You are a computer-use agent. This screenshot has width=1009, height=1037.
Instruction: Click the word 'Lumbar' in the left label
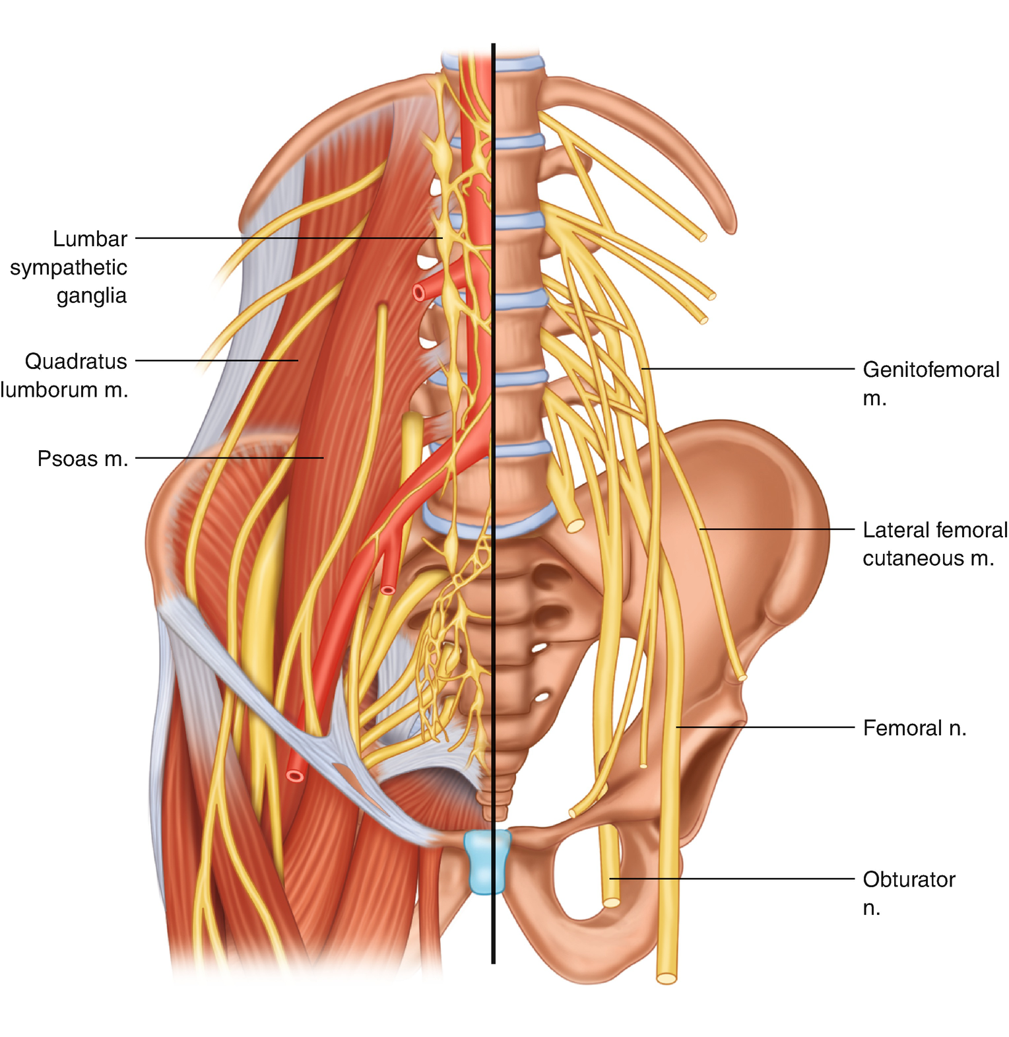pos(90,239)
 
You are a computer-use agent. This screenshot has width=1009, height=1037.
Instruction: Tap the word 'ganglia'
pos(91,295)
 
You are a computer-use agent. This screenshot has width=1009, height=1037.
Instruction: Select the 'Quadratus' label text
pos(76,362)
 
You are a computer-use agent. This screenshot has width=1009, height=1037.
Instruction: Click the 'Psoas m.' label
pos(82,459)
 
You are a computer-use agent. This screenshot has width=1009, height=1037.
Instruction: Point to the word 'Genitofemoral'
pos(931,370)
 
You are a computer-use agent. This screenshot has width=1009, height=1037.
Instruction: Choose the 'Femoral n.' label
pos(914,728)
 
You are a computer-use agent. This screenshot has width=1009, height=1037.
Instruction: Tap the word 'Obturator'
pos(909,879)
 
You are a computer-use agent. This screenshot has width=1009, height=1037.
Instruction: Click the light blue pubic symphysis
pos(487,861)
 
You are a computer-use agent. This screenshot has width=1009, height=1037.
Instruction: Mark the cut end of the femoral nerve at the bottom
pos(667,978)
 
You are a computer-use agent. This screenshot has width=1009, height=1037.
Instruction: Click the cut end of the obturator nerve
pos(612,902)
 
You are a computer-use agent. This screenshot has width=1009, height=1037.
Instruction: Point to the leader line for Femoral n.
pos(765,727)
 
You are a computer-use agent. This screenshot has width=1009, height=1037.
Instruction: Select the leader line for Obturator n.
pos(732,879)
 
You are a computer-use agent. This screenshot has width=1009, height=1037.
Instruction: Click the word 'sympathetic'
pos(69,267)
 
